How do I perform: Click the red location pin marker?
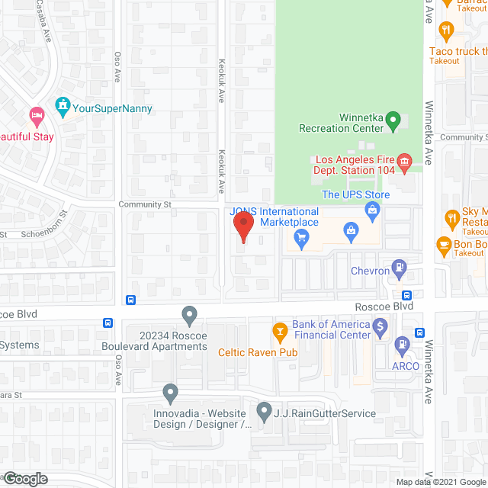242,227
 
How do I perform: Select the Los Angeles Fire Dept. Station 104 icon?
404,161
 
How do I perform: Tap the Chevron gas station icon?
398,268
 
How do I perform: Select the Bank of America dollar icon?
382,326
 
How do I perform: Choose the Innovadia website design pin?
170,393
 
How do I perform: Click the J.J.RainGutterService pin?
265,413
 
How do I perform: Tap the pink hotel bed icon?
37,117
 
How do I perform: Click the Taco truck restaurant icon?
447,31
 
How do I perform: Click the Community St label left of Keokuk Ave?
144,204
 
